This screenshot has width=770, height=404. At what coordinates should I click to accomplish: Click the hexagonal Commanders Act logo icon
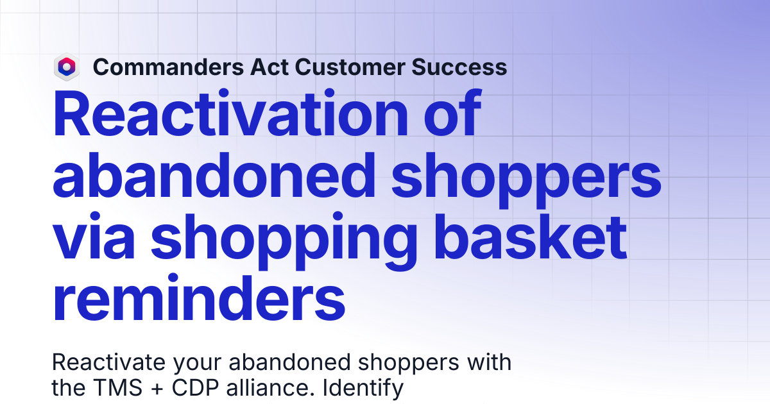tap(67, 67)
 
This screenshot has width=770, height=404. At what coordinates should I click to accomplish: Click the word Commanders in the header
tap(168, 67)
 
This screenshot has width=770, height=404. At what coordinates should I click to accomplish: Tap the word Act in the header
tap(269, 67)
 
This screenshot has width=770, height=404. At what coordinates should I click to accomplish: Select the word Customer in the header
tap(350, 67)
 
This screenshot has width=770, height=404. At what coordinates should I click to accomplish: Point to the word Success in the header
tap(459, 67)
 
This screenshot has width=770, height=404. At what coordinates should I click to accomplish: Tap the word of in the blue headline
tap(452, 113)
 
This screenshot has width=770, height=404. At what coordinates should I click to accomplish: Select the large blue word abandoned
tap(214, 175)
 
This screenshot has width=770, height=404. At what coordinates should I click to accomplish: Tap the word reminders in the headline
tap(199, 298)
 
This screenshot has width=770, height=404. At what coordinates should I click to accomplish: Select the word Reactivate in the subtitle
tap(108, 362)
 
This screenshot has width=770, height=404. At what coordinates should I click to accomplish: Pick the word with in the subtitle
tap(488, 362)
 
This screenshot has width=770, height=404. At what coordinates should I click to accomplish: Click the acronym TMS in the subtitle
tap(118, 388)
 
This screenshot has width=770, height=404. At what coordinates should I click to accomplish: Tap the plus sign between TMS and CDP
tap(157, 389)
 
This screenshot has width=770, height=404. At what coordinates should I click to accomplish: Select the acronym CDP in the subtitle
tap(195, 388)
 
